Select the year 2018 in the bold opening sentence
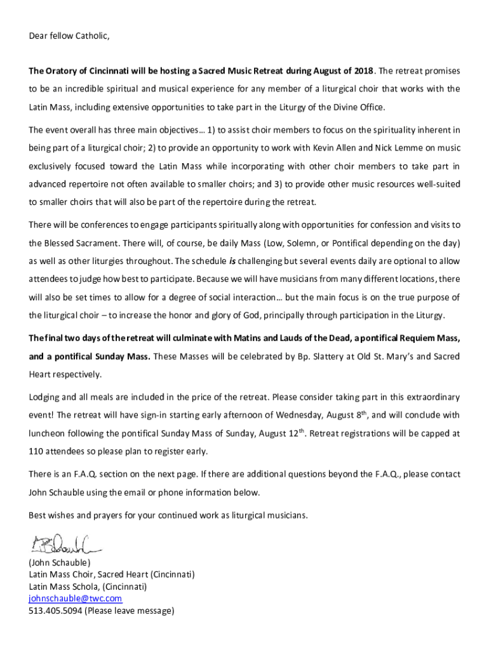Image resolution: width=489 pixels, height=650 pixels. pos(364,70)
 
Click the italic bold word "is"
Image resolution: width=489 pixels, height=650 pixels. pos(232,261)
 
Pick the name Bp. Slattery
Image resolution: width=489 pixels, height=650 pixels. pos(300,356)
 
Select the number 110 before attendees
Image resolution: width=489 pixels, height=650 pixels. pos(37,452)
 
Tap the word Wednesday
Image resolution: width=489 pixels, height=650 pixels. pos(300,416)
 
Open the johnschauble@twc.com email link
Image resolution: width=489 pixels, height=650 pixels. pos(75,599)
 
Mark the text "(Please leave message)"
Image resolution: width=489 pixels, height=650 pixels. pos(130,611)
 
